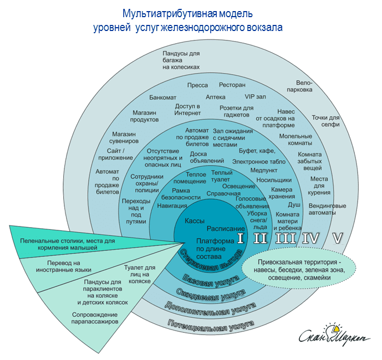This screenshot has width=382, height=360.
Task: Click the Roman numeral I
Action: pos(240,238)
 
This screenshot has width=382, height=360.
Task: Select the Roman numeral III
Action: pos(285,238)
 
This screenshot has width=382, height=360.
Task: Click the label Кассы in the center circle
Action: pos(194,220)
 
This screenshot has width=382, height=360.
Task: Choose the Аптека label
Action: pos(215,96)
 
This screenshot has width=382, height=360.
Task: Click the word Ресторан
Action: pos(232,85)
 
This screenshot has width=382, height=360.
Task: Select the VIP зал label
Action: pos(256,96)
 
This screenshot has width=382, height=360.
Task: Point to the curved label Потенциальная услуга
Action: pos(211,324)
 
